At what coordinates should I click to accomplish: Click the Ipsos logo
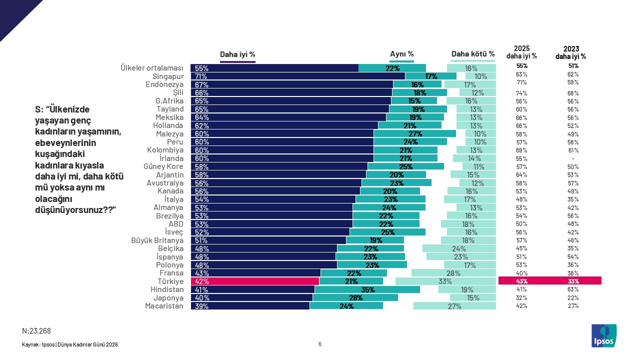point(604,335)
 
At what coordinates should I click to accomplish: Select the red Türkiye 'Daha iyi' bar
point(254,281)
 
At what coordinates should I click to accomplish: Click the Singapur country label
point(168,76)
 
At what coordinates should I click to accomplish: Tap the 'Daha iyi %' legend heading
point(238,54)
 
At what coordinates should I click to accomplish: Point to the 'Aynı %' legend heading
point(401,54)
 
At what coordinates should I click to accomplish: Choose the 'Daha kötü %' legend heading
point(473,54)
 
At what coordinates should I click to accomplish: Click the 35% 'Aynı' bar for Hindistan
point(367,289)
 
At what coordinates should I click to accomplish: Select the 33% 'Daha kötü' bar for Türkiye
point(445,281)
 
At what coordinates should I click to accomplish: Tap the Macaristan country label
point(164,306)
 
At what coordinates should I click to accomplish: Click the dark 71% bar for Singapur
point(297,76)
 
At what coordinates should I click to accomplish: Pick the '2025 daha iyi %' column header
point(521,52)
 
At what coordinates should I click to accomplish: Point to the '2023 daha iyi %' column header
point(570,52)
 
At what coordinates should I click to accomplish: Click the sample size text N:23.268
point(36,331)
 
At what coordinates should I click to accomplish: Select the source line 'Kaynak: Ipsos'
point(70,344)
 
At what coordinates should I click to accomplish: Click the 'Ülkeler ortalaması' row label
point(152,68)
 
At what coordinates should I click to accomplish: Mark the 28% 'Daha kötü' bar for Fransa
point(453,273)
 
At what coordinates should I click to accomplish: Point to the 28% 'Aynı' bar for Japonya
point(355,297)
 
